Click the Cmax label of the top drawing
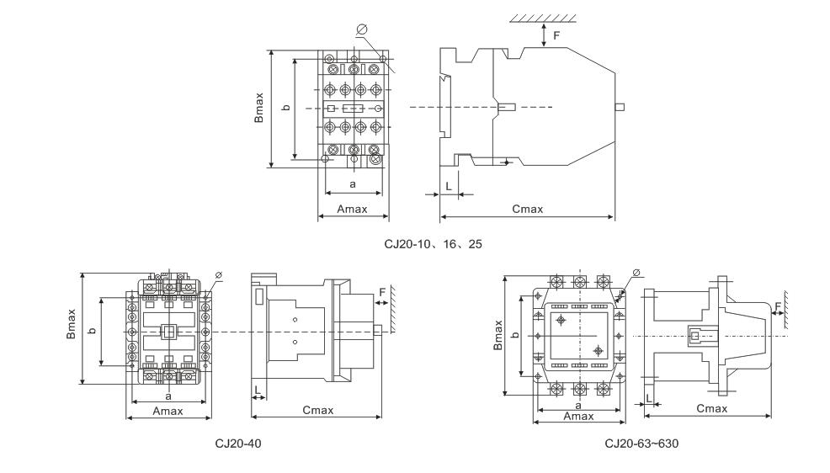528,209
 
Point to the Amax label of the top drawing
351,209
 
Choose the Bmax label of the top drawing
261,108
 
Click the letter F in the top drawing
556,35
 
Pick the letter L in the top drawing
448,182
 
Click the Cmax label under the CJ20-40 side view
318,410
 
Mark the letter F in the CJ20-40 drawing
382,291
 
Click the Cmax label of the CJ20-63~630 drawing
712,408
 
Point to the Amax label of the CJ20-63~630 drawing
578,415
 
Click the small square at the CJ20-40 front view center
168,332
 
